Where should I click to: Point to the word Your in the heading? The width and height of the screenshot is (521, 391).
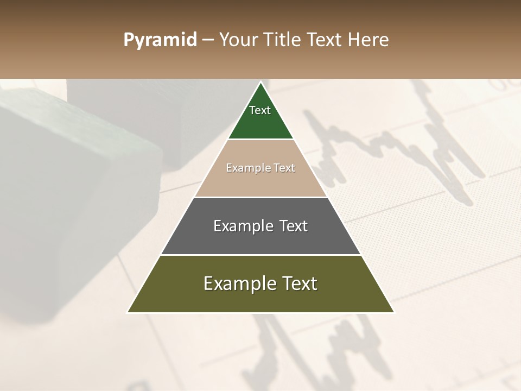point(238,40)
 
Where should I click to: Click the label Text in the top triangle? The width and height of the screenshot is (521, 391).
point(260,110)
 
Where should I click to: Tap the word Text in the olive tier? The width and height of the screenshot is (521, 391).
point(299,283)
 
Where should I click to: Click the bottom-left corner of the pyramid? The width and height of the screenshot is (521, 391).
point(128,312)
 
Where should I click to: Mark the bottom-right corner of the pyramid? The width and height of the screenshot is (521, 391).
point(393,312)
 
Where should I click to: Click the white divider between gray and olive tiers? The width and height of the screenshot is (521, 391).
point(260,255)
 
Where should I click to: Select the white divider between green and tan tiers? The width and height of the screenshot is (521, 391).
point(260,140)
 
